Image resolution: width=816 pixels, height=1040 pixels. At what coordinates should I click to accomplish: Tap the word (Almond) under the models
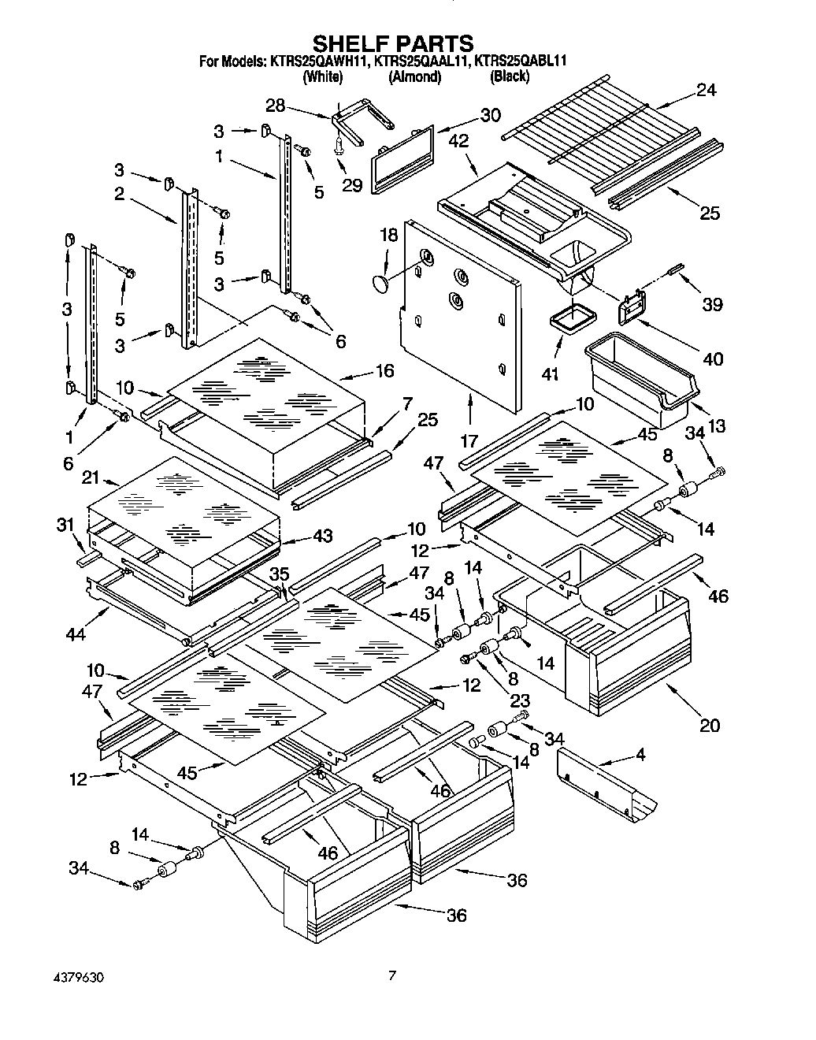tap(414, 76)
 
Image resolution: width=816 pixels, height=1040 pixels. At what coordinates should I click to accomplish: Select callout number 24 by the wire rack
tap(706, 91)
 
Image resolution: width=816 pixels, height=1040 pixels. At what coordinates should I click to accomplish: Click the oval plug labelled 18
tap(381, 283)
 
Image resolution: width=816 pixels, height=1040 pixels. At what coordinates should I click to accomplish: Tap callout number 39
tap(712, 304)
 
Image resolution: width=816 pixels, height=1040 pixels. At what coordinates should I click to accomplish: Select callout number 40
tap(712, 359)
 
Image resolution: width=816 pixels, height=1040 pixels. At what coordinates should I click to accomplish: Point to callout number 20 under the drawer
tap(710, 726)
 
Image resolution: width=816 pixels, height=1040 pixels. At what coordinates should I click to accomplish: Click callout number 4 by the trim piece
tap(640, 754)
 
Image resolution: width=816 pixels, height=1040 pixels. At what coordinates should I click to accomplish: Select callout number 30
tap(490, 115)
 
